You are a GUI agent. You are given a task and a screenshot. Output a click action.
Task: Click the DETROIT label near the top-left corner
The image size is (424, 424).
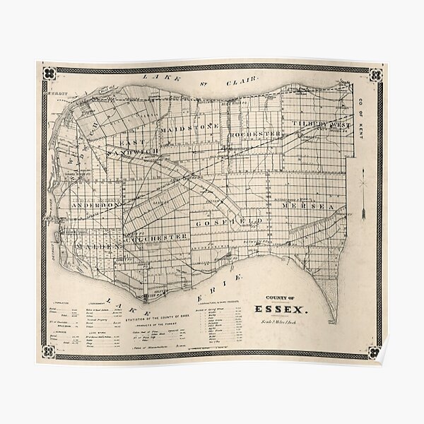56,93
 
